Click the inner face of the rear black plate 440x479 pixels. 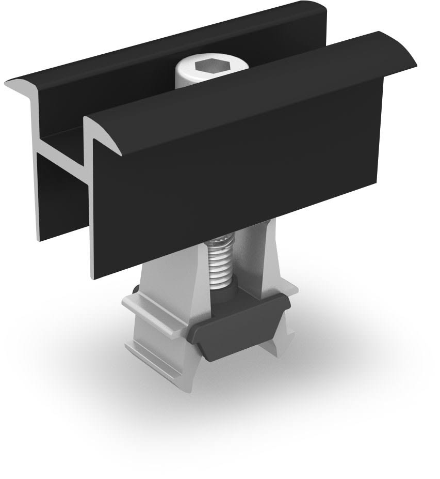(x=129, y=98)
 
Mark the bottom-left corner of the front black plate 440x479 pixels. (x=93, y=277)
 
